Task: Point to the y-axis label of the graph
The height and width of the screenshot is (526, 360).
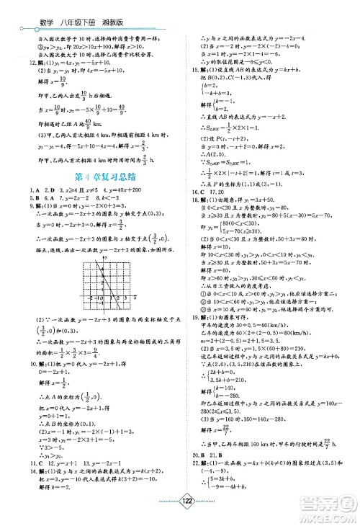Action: (x=104, y=256)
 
